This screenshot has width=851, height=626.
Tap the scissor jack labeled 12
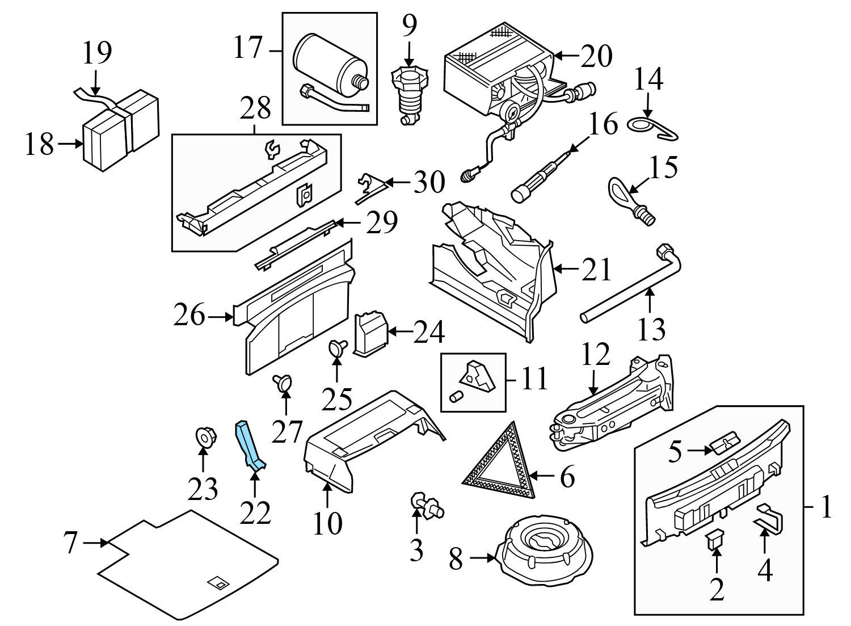pos(613,403)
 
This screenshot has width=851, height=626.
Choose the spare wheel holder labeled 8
pos(544,545)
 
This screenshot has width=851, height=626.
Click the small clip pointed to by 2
pos(715,540)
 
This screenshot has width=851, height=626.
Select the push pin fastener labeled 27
pos(282,384)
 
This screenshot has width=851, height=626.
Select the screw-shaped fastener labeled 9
pos(408,94)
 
